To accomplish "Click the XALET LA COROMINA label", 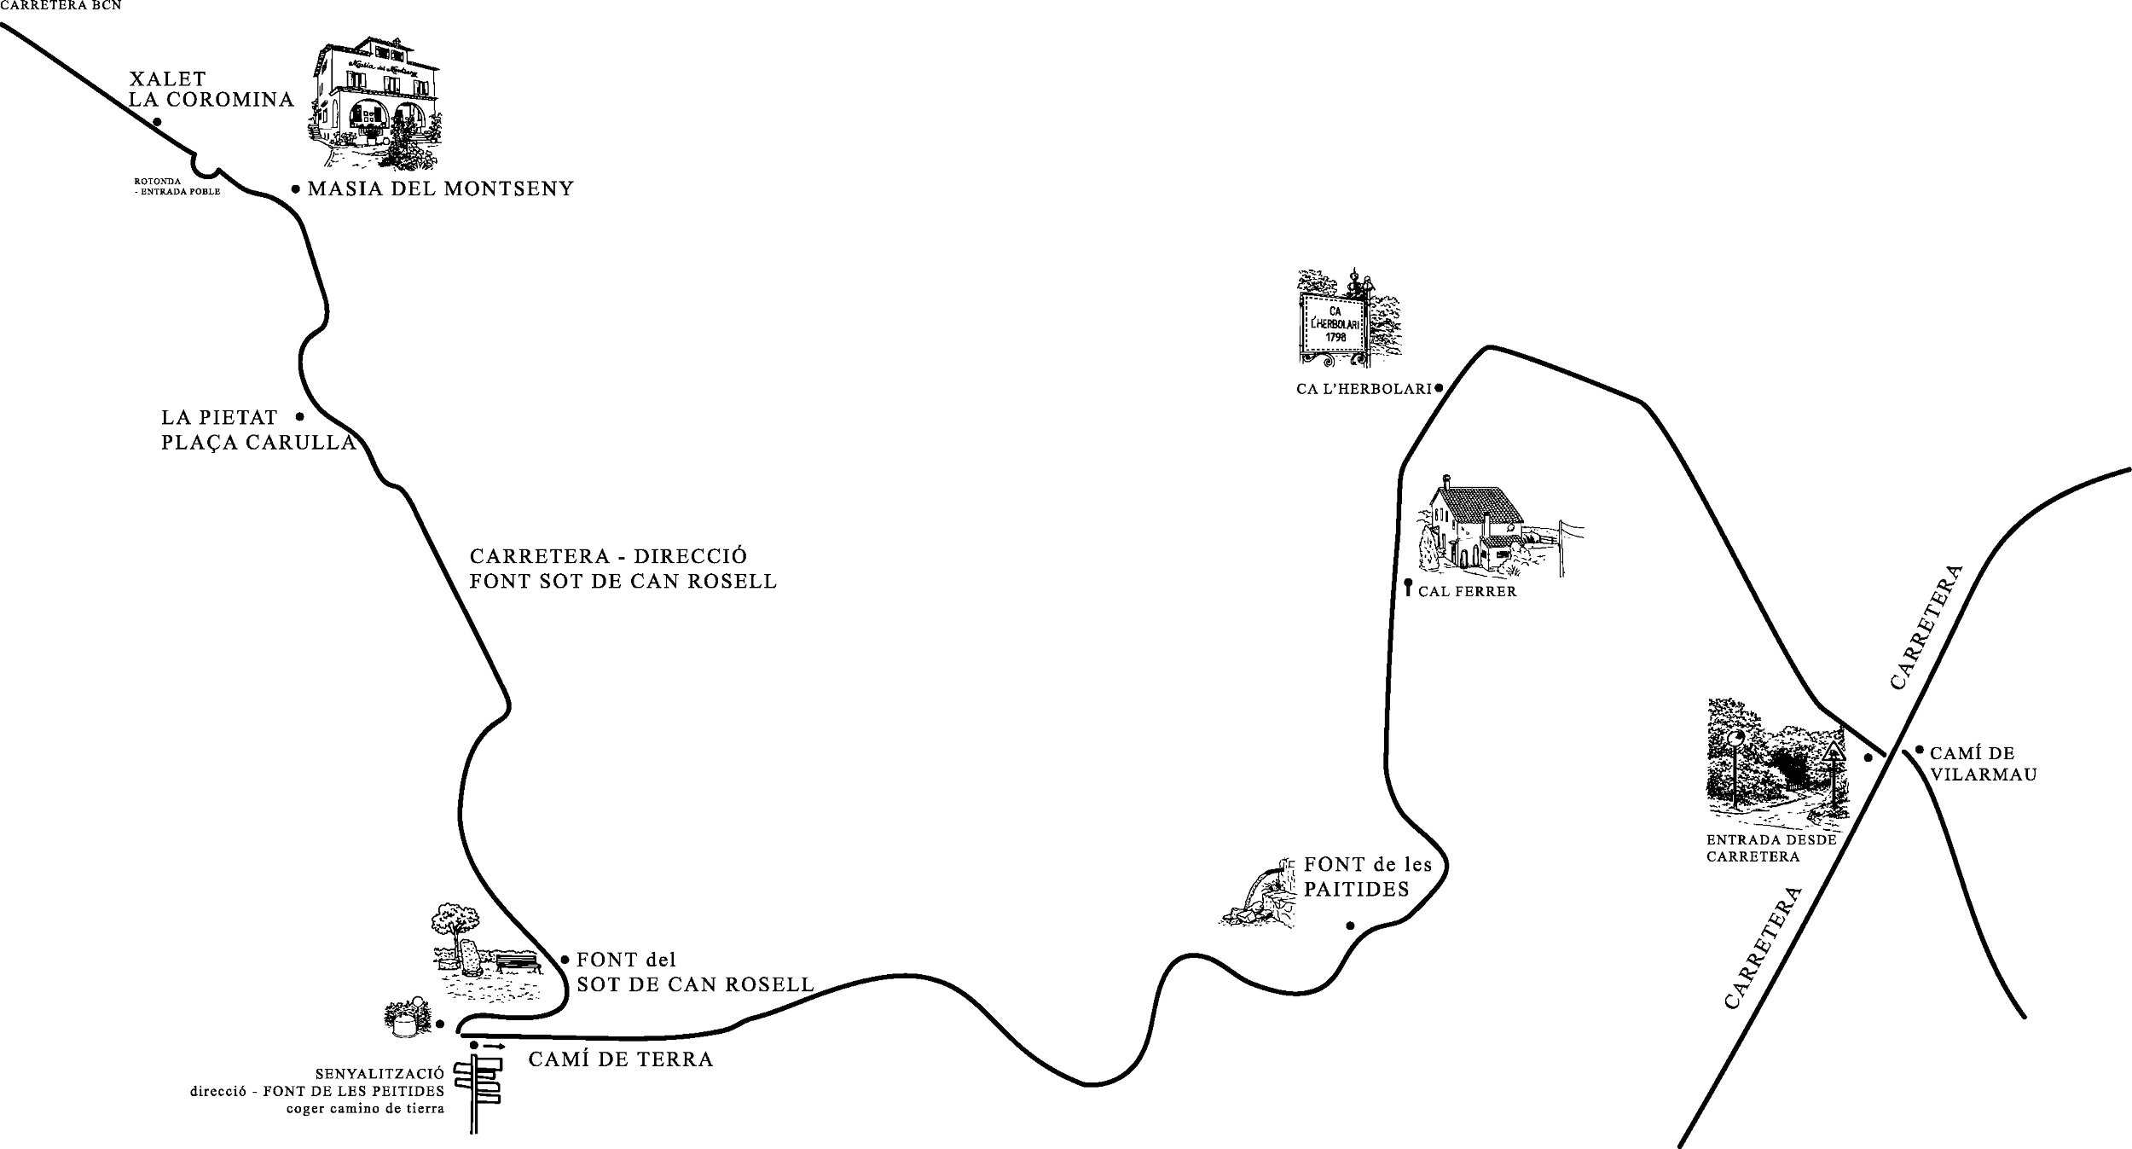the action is (x=211, y=90).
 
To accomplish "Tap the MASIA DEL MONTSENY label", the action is (x=439, y=188).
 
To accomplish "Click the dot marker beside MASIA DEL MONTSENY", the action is (x=295, y=189).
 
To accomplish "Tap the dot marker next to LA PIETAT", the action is (x=300, y=416).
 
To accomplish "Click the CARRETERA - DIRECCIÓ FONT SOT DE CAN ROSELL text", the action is (x=623, y=569).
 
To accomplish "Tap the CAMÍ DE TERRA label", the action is (x=621, y=1059).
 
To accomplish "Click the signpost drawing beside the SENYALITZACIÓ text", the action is (x=482, y=1093).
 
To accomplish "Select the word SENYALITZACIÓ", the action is (x=379, y=1074).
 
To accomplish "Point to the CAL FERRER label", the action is (x=1467, y=591).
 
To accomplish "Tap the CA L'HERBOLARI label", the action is (x=1369, y=388).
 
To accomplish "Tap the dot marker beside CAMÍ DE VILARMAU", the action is (x=1920, y=751).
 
